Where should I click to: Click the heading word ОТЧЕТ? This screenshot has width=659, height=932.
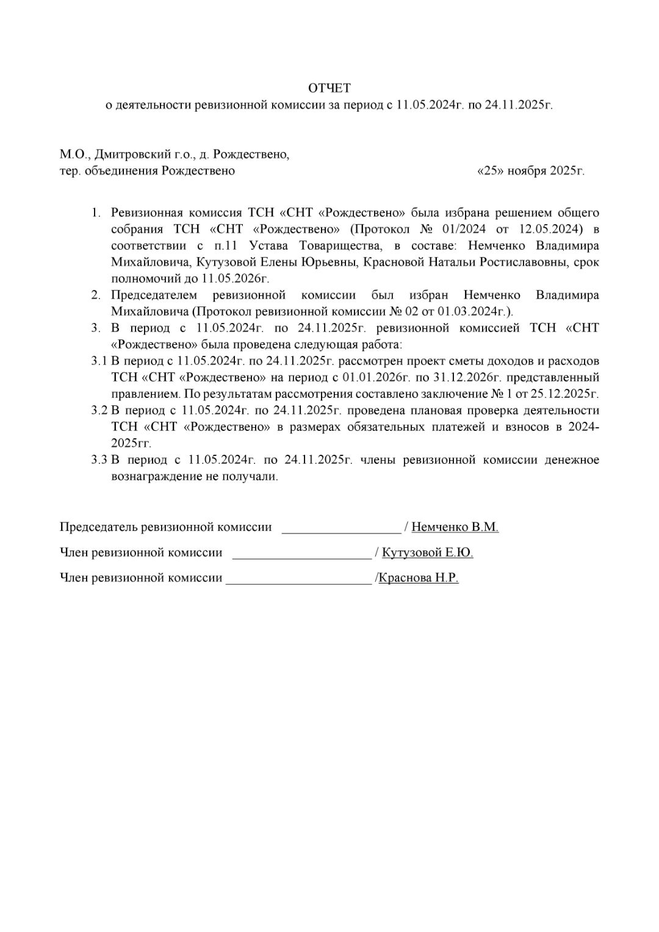click(329, 89)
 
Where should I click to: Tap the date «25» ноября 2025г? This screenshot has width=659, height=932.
click(530, 171)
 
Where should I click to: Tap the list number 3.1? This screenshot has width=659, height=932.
click(99, 361)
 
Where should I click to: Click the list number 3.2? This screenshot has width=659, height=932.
click(99, 411)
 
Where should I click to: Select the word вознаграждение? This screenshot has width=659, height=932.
click(156, 477)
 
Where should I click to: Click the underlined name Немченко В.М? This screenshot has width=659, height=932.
click(455, 527)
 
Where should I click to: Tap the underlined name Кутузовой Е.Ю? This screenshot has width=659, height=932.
click(427, 553)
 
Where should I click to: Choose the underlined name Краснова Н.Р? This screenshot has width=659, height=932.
click(419, 578)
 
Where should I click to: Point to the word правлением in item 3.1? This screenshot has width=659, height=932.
click(145, 394)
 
